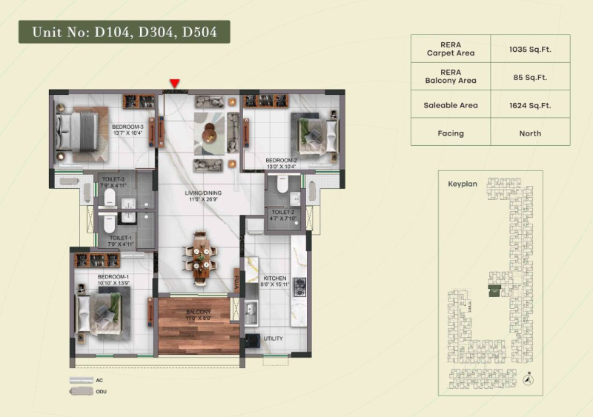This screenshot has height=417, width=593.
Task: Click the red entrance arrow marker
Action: pos(174,83)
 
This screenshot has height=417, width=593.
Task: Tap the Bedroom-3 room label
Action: pos(127,127)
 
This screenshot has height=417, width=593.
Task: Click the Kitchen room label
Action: pos(274,279)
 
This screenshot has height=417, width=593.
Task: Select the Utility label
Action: pos(273,338)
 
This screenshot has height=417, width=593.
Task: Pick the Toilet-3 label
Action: pos(113,179)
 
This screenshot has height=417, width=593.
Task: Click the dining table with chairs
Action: pos(201,258)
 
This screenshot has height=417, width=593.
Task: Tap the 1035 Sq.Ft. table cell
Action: pos(530,50)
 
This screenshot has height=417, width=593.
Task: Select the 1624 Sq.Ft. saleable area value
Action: pos(530,105)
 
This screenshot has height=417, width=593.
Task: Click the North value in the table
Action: pos(530,133)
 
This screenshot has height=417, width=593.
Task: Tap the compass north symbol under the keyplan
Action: pos(527,379)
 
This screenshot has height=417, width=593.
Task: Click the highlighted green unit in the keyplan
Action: pos(494,292)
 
